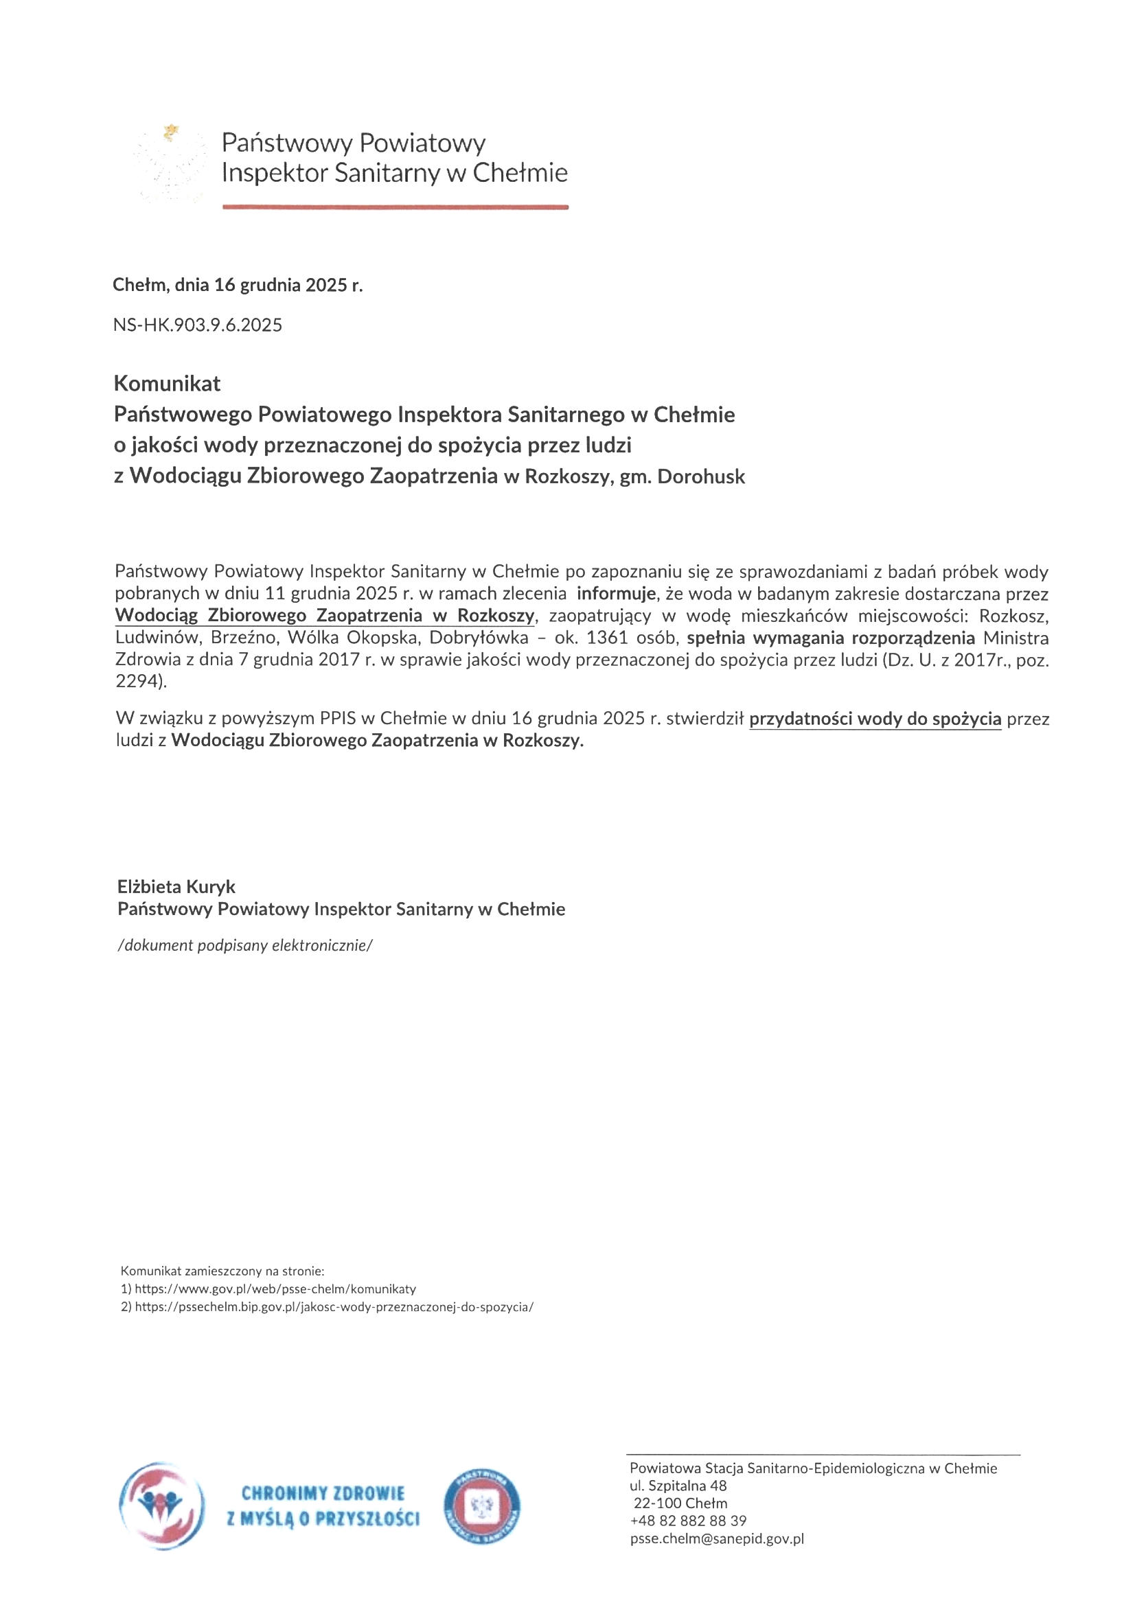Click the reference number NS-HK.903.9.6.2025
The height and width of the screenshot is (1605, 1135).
click(197, 325)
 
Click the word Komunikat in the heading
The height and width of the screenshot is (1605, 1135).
click(167, 384)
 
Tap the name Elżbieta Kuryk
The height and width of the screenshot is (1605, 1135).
click(176, 887)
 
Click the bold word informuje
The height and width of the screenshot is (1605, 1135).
click(616, 594)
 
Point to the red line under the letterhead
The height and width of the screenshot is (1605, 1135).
click(395, 207)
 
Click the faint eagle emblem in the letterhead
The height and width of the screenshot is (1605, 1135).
click(172, 163)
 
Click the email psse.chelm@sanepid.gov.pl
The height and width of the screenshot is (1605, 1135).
click(717, 1538)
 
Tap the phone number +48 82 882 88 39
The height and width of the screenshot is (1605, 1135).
click(688, 1521)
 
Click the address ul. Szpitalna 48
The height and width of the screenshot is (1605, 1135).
click(678, 1486)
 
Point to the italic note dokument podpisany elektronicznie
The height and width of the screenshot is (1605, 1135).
click(244, 946)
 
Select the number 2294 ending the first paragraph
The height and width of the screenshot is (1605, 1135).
click(139, 682)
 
